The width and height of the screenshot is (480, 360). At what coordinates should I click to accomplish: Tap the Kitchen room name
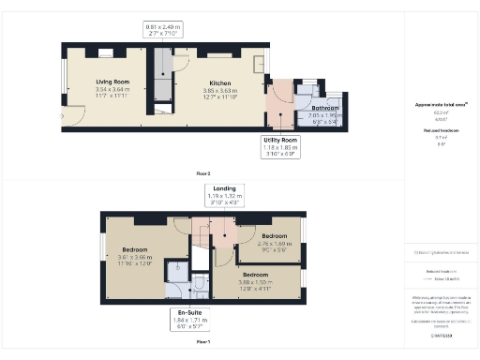[x=220, y=82]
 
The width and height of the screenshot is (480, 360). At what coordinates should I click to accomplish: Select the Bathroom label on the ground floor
[x=325, y=109]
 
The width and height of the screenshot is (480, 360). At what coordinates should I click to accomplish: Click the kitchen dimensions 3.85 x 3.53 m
[x=220, y=89]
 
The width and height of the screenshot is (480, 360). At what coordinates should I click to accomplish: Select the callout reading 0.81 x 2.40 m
[x=163, y=27]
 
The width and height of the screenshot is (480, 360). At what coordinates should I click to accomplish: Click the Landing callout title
[x=224, y=188]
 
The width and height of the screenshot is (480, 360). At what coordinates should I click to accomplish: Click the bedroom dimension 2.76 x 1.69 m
[x=275, y=243]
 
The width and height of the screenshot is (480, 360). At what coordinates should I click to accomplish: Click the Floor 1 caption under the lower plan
[x=202, y=342]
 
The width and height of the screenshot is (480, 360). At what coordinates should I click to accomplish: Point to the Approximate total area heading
[x=441, y=104]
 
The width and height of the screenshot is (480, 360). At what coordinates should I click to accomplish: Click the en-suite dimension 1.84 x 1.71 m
[x=184, y=322]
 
